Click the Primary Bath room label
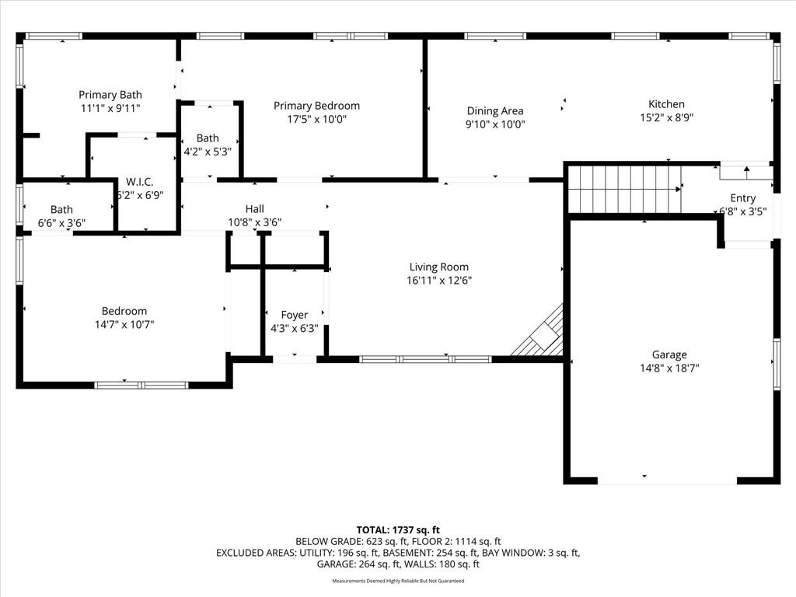pyautogui.click(x=110, y=95)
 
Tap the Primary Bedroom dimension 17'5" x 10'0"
pyautogui.click(x=317, y=119)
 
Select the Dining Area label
pyautogui.click(x=495, y=110)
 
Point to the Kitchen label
pyautogui.click(x=666, y=104)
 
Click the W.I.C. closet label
pyautogui.click(x=140, y=182)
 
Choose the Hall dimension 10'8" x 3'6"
pyautogui.click(x=255, y=222)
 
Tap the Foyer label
pyautogui.click(x=295, y=316)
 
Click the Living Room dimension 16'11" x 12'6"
pyautogui.click(x=439, y=280)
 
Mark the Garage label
pyautogui.click(x=669, y=354)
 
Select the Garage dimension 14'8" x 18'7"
pyautogui.click(x=669, y=368)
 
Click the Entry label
pyautogui.click(x=743, y=198)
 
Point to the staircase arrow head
pyautogui.click(x=678, y=190)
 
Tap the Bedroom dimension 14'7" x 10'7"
pyautogui.click(x=124, y=324)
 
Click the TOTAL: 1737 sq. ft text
pyautogui.click(x=398, y=530)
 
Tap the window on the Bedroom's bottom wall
pyautogui.click(x=141, y=386)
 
